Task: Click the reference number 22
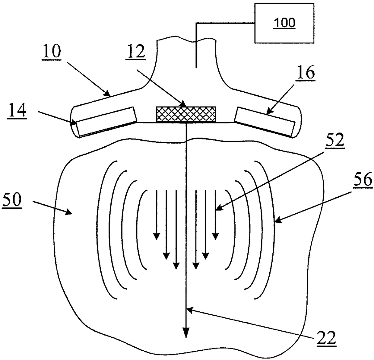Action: (326, 339)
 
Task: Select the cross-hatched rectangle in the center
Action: (186, 114)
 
